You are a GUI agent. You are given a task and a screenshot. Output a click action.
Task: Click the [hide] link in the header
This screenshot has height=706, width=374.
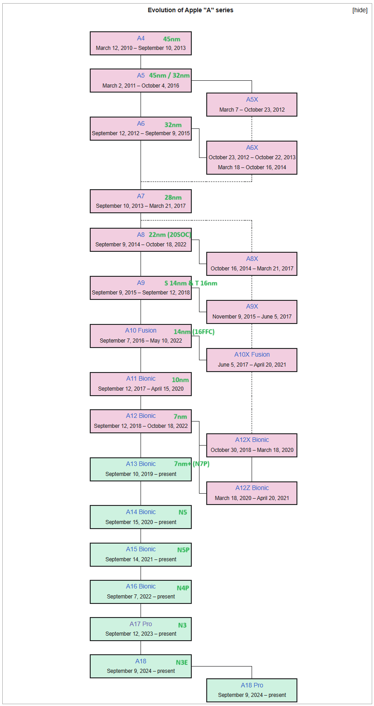tap(359, 10)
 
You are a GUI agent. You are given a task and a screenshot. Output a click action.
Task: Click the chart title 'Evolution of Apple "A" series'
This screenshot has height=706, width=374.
tap(190, 10)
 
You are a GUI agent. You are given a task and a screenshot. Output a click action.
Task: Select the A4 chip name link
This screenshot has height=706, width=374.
tap(141, 38)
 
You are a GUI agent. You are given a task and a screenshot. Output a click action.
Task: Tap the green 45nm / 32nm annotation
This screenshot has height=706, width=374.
tap(170, 75)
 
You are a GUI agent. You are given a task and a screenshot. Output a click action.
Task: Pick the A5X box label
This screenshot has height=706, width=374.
tap(252, 99)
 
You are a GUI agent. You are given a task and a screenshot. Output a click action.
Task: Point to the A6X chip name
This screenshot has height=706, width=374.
tap(252, 147)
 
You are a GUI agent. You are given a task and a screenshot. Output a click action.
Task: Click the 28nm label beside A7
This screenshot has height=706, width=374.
tap(173, 197)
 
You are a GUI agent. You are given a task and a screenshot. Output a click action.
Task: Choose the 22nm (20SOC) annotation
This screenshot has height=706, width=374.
tap(170, 235)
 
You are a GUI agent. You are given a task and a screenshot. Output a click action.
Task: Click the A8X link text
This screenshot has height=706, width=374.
tap(252, 259)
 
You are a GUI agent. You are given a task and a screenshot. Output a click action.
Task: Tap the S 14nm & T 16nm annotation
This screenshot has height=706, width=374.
tap(191, 283)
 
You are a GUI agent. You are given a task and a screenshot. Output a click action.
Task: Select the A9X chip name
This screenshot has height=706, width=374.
tap(252, 306)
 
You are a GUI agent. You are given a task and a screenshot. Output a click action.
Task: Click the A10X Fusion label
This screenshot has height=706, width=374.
tap(252, 354)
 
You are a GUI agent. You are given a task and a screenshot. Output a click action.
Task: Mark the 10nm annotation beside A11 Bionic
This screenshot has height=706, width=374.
tap(180, 380)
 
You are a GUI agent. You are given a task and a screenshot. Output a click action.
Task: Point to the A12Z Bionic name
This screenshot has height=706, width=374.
tap(252, 488)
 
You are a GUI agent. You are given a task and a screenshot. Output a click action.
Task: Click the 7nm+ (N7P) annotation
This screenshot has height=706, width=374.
tap(192, 464)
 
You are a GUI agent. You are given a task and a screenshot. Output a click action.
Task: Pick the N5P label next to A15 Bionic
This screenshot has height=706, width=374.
tap(183, 549)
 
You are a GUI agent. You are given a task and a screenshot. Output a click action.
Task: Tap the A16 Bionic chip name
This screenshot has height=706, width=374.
tap(141, 586)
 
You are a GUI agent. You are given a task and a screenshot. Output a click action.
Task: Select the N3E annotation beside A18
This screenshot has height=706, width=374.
tap(182, 662)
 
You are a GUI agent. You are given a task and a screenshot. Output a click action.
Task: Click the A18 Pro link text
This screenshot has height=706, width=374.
tap(252, 685)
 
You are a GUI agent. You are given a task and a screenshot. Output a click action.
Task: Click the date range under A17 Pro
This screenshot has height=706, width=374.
tap(141, 633)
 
